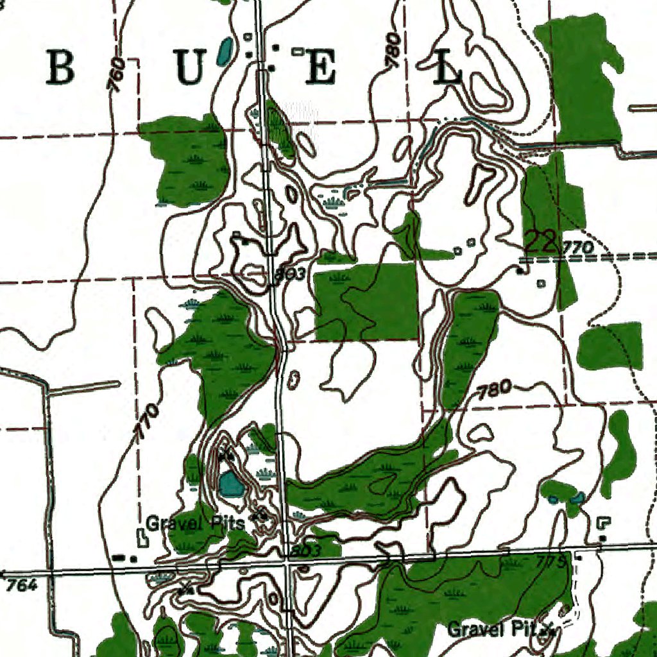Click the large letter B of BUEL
[61, 69]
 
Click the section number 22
[540, 242]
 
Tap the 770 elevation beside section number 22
[578, 247]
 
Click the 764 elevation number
[22, 584]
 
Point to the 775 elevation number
[551, 563]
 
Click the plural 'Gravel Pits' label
[195, 523]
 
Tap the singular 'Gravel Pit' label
[493, 629]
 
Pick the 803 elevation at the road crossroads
[305, 551]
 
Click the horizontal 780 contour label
[495, 389]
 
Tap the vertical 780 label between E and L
[393, 50]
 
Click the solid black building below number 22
[519, 271]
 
